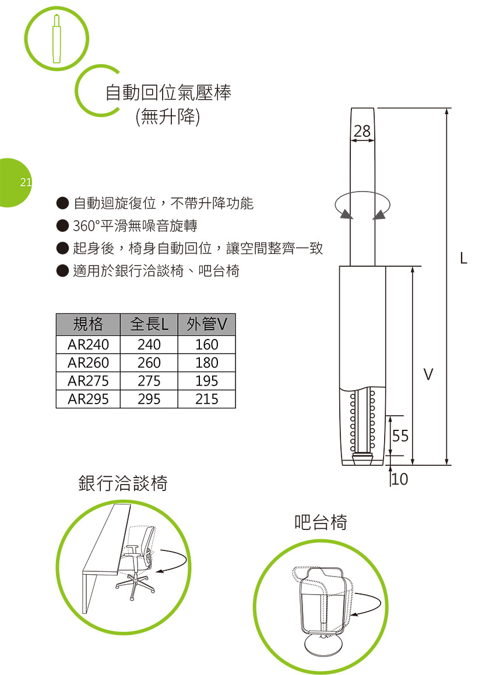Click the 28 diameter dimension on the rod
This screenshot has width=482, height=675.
(x=363, y=131)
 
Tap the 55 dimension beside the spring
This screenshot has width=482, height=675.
(x=400, y=436)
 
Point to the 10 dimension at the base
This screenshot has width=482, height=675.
(x=400, y=479)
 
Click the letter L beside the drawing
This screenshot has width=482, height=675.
(x=463, y=258)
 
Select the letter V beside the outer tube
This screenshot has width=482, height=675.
(x=427, y=374)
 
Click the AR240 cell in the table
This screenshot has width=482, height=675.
(x=88, y=344)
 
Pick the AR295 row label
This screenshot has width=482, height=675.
(x=88, y=399)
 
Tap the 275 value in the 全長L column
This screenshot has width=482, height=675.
(x=149, y=381)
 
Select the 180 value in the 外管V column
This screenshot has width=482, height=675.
(x=207, y=362)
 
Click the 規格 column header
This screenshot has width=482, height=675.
(x=88, y=324)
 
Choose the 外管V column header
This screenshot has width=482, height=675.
(x=207, y=324)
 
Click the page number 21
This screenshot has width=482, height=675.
(x=26, y=182)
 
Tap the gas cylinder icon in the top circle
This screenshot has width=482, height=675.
(x=57, y=39)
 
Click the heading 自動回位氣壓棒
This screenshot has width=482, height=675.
(x=168, y=93)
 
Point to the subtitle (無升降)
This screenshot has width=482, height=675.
(x=167, y=116)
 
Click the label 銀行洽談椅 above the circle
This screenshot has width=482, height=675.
(x=123, y=483)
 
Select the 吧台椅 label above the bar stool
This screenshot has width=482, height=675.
(x=321, y=522)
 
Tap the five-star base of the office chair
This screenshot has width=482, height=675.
(x=135, y=586)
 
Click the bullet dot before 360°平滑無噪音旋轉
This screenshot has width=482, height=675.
(x=63, y=225)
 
